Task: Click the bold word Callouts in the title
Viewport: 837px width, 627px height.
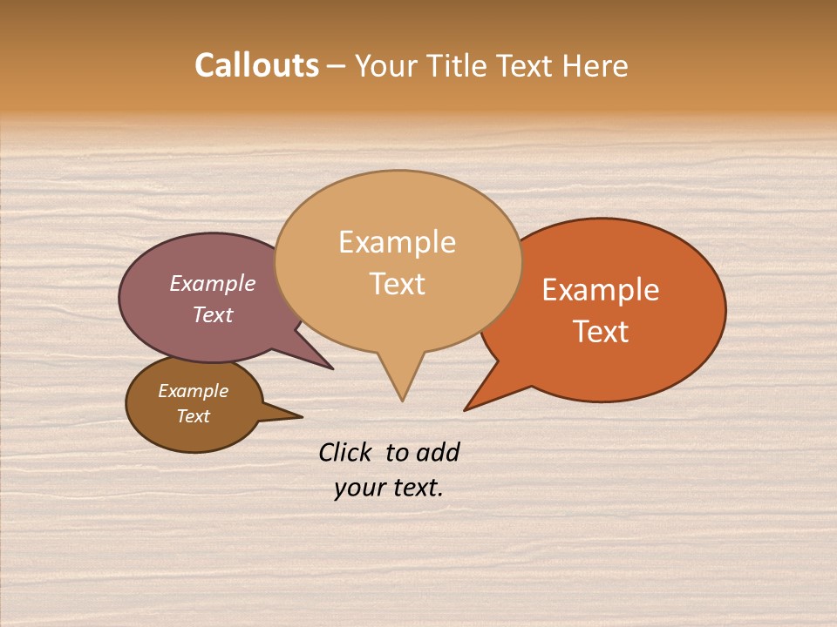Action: [256, 65]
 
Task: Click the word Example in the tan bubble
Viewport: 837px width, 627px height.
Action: [397, 242]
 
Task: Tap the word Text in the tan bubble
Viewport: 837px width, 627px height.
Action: [397, 284]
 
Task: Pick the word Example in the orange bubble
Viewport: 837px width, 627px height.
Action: [601, 290]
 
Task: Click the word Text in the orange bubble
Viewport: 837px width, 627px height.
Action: [602, 332]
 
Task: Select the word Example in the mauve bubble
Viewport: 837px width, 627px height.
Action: [213, 284]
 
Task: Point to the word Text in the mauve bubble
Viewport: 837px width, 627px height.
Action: [213, 315]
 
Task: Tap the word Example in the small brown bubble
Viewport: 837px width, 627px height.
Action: [193, 391]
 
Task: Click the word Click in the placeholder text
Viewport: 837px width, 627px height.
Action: [345, 452]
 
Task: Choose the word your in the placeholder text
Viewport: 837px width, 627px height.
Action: [359, 488]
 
